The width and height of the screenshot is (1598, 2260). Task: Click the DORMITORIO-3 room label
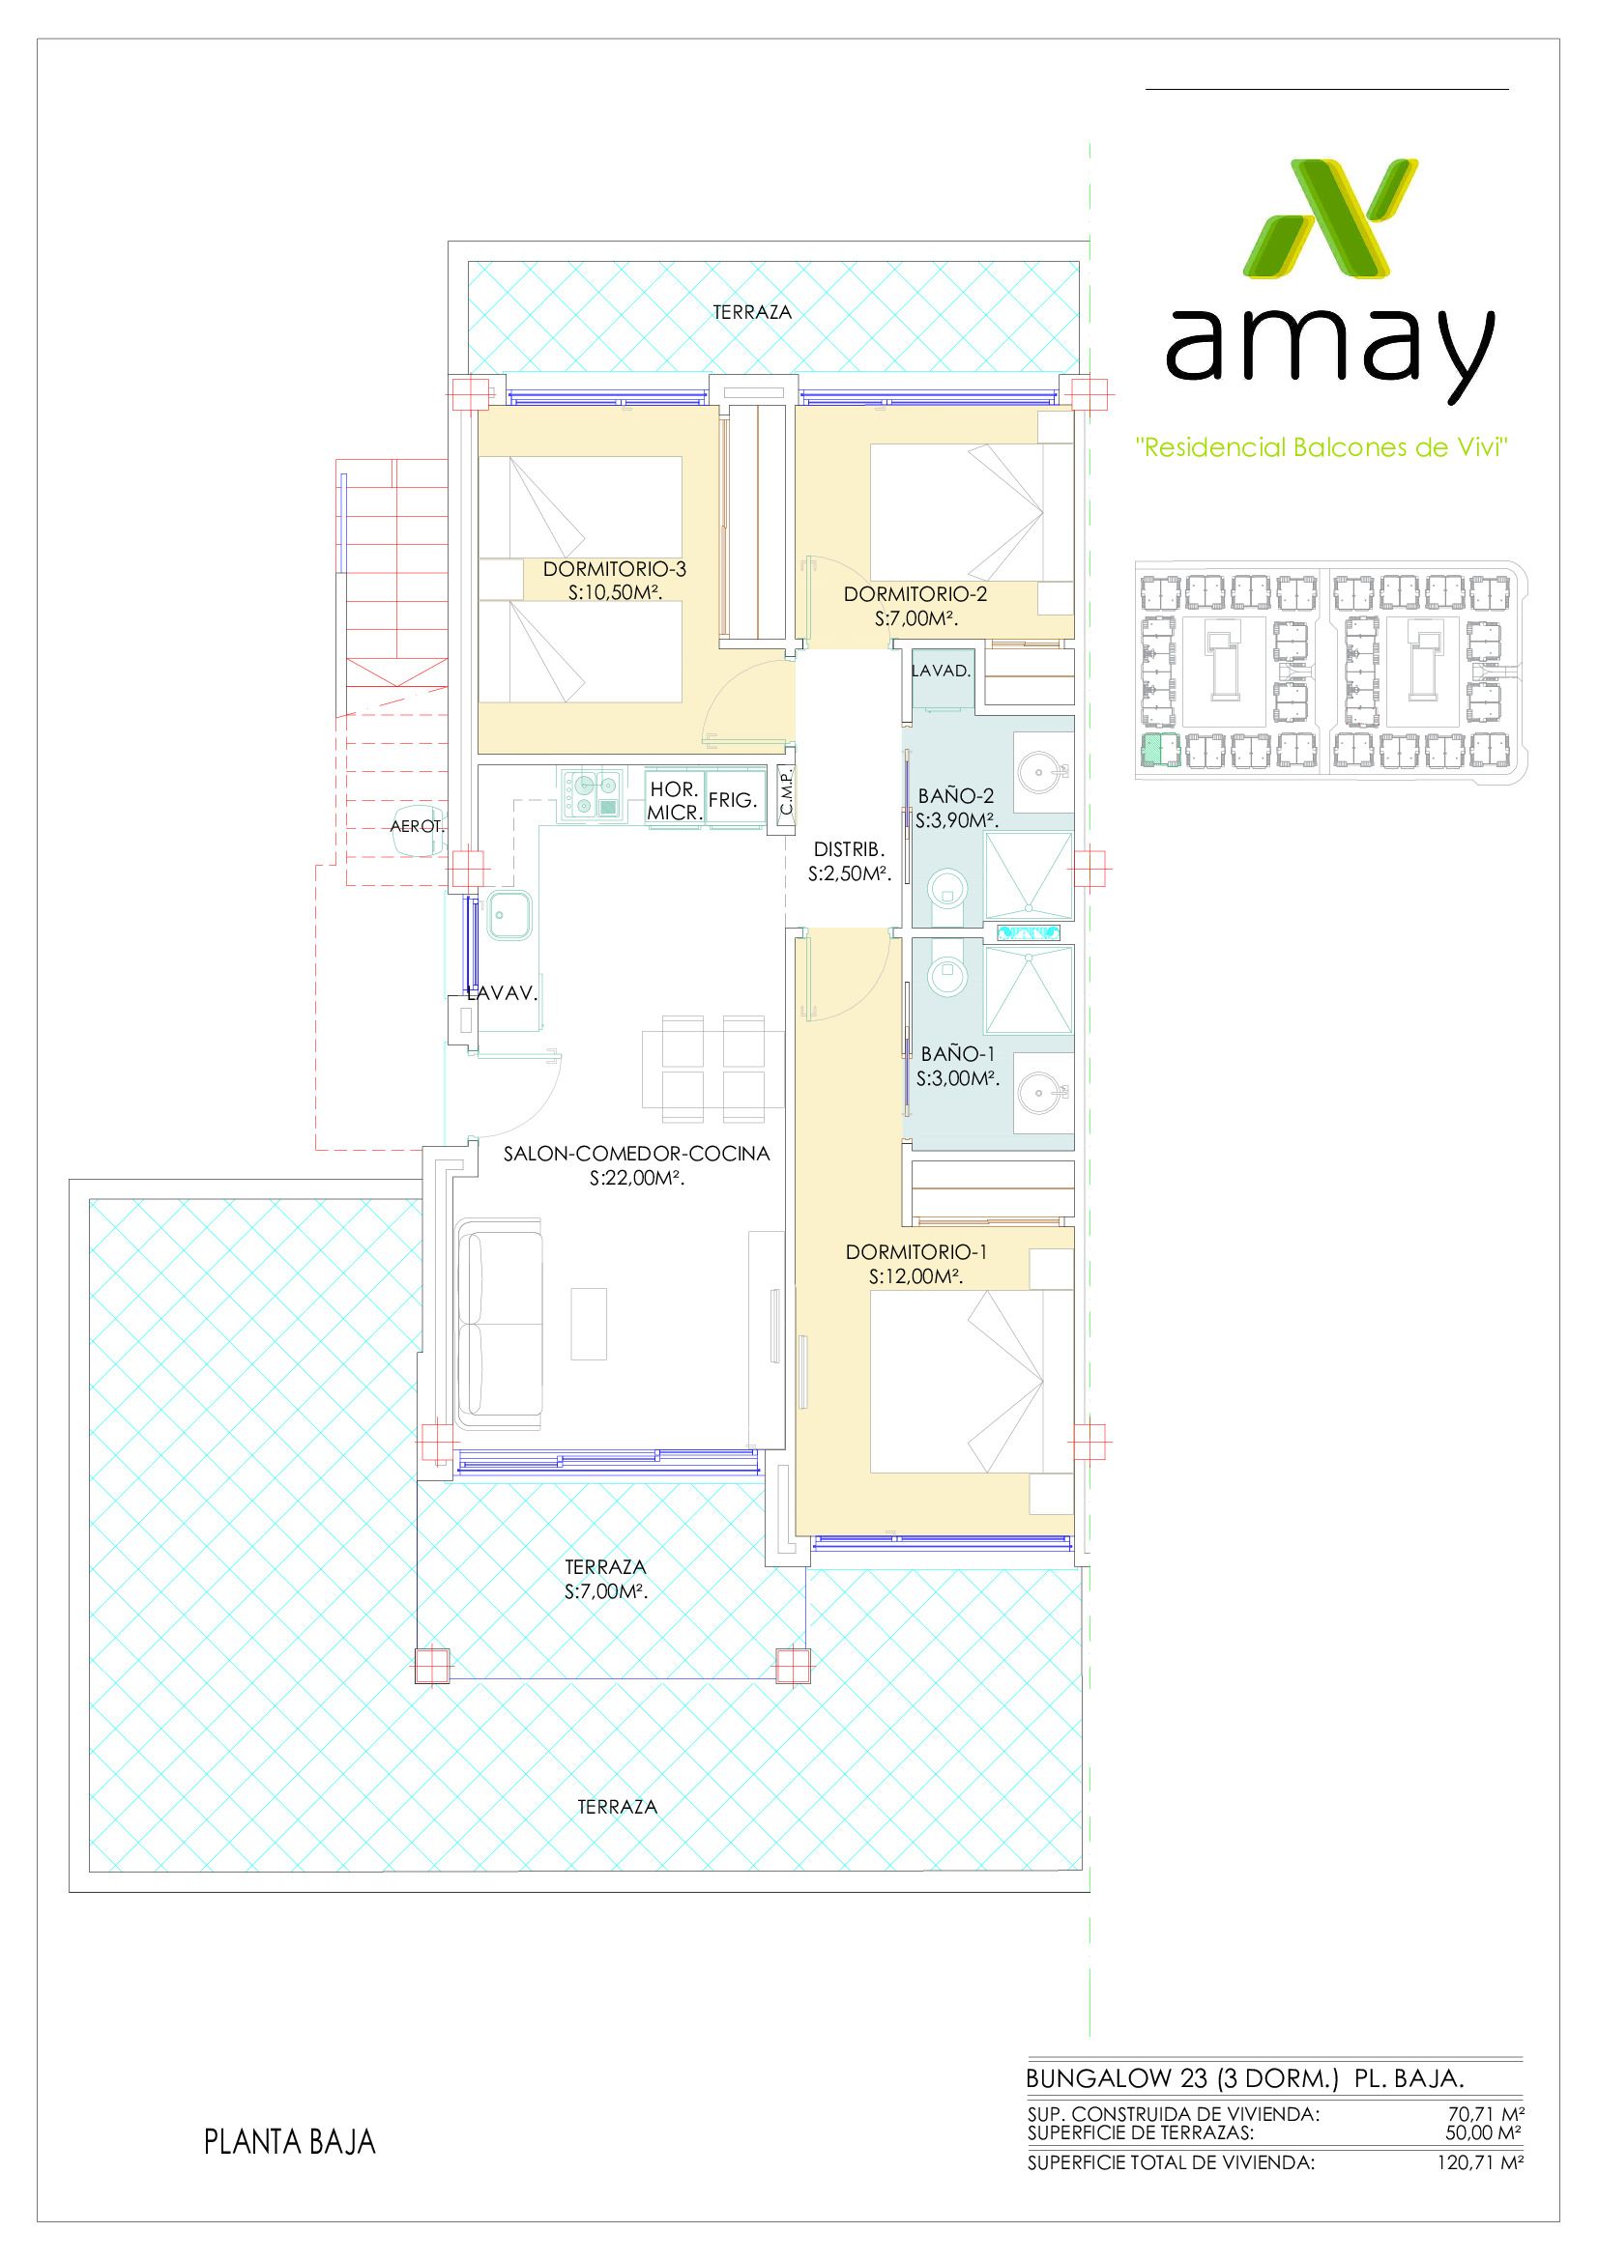(615, 569)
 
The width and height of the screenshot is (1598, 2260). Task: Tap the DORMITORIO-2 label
(915, 594)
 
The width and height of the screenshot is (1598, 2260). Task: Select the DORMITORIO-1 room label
(915, 1252)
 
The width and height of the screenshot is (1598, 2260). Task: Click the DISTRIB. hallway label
(849, 849)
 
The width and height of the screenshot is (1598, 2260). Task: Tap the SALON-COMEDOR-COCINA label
(636, 1154)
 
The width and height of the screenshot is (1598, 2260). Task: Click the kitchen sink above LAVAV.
(508, 915)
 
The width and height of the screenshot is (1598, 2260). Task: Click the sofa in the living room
(500, 1324)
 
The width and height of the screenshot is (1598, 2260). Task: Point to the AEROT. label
(418, 827)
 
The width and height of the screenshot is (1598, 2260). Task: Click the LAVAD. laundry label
(942, 672)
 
